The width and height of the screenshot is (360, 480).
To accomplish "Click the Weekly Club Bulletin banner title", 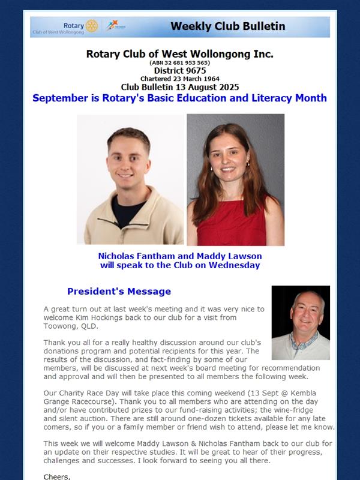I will point(227,26).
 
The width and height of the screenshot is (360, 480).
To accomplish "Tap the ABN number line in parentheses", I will point(179,62).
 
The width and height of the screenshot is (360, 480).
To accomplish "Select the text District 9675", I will point(179,70).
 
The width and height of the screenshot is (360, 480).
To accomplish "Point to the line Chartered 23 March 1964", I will point(179,79).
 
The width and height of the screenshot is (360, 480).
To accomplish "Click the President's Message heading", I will point(119,292).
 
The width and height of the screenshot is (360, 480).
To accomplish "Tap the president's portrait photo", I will point(301,322).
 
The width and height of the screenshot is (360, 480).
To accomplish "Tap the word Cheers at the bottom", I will point(57,476).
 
